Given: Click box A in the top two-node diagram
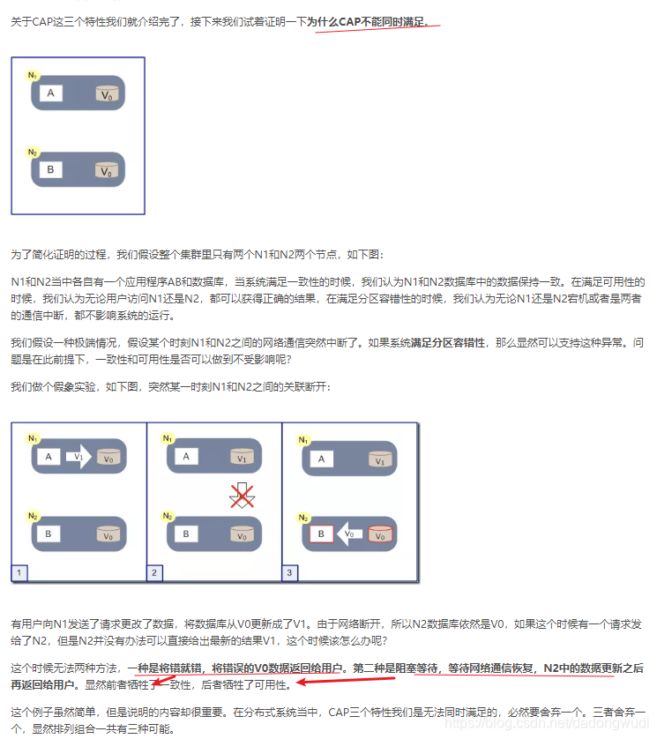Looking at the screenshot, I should [50, 93].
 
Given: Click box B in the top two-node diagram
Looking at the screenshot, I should [50, 168].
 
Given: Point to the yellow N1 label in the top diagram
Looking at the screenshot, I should [33, 76].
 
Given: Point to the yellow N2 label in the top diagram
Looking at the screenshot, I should [33, 152].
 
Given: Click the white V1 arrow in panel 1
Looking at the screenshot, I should [78, 457].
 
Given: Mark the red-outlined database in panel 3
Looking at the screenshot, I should [378, 534].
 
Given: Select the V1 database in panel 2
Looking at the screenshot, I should [242, 458].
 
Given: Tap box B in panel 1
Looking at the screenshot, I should [50, 534].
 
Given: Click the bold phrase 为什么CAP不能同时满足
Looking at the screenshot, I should [374, 21].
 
